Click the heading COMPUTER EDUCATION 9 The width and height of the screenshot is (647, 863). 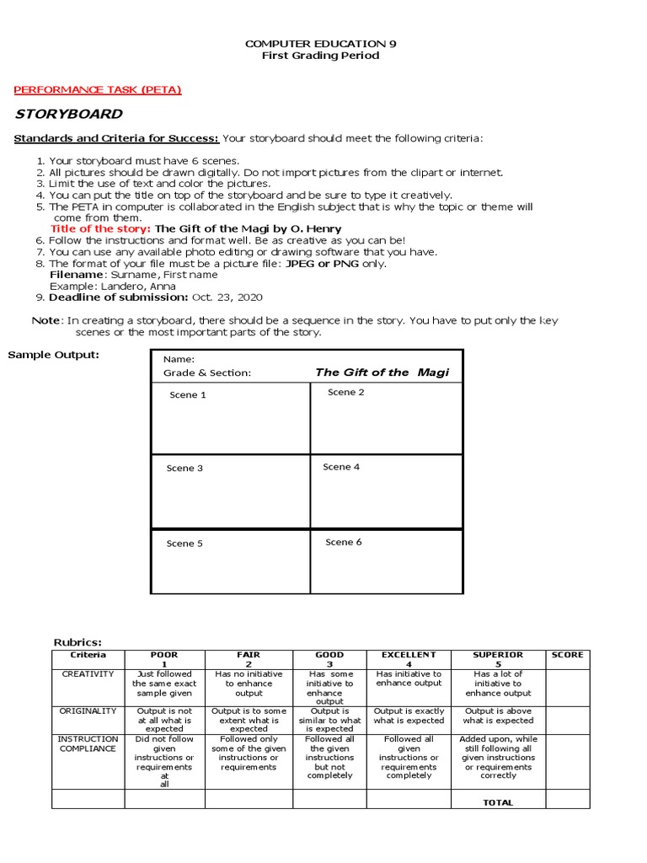pyautogui.click(x=319, y=43)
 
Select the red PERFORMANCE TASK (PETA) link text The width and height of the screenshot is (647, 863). pyautogui.click(x=98, y=89)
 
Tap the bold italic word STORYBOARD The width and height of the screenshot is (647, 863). pyautogui.click(x=69, y=114)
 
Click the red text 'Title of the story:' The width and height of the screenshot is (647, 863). pyautogui.click(x=101, y=228)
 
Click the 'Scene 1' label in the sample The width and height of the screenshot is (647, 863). pyautogui.click(x=188, y=394)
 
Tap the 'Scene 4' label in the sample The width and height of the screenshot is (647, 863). pyautogui.click(x=341, y=467)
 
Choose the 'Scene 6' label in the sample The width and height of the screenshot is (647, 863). pyautogui.click(x=344, y=542)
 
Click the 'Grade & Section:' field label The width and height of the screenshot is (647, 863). pyautogui.click(x=207, y=373)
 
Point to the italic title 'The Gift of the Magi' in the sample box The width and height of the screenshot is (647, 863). pyautogui.click(x=382, y=372)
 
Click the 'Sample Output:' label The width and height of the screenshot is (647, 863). pyautogui.click(x=53, y=354)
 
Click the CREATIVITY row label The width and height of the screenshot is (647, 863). pyautogui.click(x=88, y=674)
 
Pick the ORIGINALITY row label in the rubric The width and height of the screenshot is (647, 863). pyautogui.click(x=88, y=711)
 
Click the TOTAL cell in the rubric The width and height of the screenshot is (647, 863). pyautogui.click(x=497, y=802)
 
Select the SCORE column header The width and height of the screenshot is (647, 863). pyautogui.click(x=567, y=655)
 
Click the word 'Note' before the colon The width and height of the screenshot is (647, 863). pyautogui.click(x=45, y=320)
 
